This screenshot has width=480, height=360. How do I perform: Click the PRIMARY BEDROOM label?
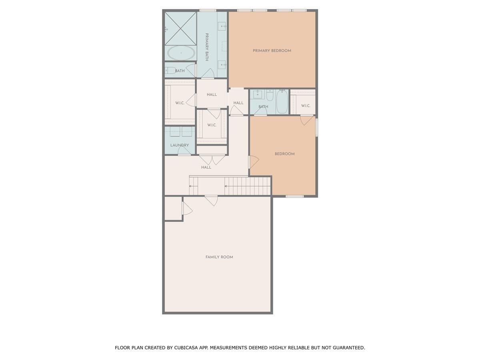272,51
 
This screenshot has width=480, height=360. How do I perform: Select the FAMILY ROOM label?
219,257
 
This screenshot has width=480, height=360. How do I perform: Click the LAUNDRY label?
179,145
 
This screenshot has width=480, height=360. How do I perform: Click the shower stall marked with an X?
180,27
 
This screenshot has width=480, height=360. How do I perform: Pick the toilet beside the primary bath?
170,71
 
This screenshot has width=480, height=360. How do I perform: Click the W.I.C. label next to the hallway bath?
306,106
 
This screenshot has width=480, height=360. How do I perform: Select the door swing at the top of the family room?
211,200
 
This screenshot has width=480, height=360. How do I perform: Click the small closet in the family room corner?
173,208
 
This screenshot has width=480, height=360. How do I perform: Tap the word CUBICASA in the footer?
188,348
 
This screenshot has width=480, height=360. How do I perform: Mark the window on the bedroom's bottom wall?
294,196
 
